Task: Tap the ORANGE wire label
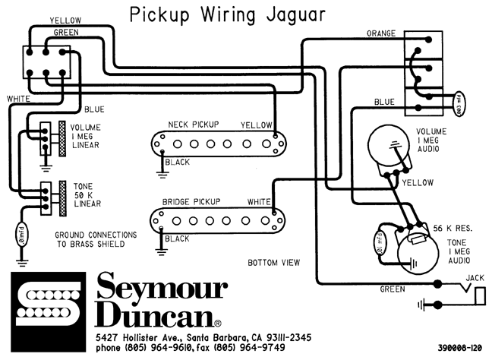point(382,34)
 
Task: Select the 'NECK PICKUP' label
point(194,125)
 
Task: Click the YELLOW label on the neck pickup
point(256,125)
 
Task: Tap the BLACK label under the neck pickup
point(177,163)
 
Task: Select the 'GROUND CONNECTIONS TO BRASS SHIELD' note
point(96,239)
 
